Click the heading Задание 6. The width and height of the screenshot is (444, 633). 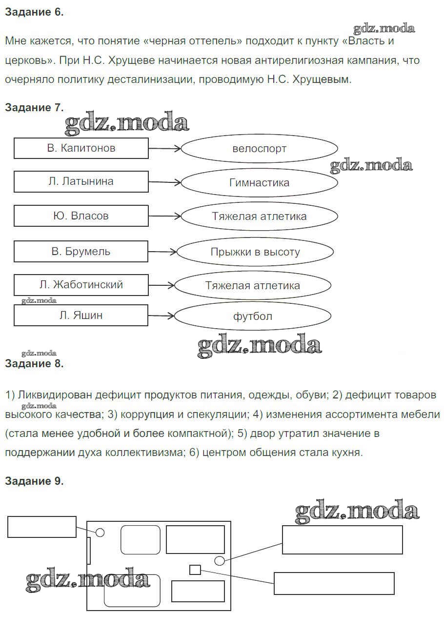(34, 13)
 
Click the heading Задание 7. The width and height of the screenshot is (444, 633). (34, 108)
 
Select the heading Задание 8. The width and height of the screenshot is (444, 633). (34, 363)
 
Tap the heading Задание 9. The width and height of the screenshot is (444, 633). (34, 481)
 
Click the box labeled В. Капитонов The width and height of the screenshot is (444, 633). (81, 148)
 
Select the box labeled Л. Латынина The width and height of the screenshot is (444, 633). (81, 181)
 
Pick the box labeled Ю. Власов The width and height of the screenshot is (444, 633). (81, 216)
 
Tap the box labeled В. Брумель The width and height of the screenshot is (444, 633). (81, 252)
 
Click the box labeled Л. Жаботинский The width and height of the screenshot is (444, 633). (81, 285)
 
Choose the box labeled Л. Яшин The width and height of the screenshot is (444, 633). (81, 316)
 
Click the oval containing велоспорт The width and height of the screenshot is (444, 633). (259, 149)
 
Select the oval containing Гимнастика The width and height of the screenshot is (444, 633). (259, 183)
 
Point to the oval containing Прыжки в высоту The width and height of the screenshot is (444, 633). (255, 252)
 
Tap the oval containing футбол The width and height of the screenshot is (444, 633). (253, 316)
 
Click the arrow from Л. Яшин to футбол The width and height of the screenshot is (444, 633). (161, 316)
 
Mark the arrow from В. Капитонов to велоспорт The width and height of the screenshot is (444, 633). (164, 149)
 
